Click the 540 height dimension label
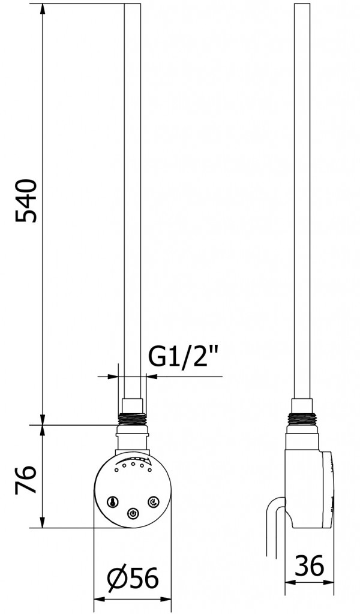point(26,201)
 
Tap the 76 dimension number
point(26,480)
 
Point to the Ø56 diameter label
point(133,578)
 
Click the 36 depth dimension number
point(309,565)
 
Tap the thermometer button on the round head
point(113,502)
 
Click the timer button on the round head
point(153,502)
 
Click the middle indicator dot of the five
point(133,465)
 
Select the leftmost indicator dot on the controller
point(116,469)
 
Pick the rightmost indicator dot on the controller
point(149,469)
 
